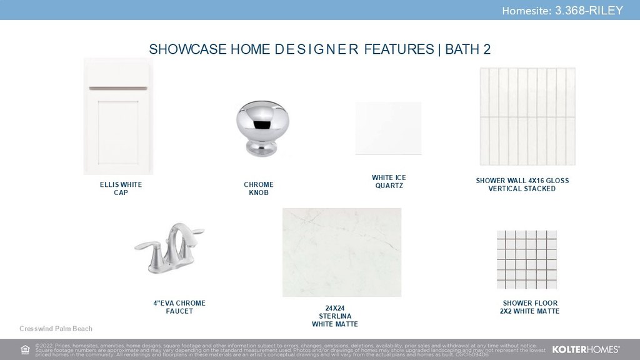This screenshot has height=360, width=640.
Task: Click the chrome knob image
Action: pyautogui.click(x=262, y=128)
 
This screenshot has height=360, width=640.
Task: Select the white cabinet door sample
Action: pyautogui.click(x=118, y=116)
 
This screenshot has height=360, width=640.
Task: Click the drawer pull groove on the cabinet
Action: pyautogui.click(x=118, y=88)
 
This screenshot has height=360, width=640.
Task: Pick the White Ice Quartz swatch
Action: pyautogui.click(x=388, y=128)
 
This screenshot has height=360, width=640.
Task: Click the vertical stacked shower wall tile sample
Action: pyautogui.click(x=527, y=117)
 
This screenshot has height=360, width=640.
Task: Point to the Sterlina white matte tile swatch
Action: pyautogui.click(x=342, y=252)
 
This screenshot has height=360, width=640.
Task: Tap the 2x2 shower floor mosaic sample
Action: pyautogui.click(x=527, y=259)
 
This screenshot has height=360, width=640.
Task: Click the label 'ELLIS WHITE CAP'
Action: pyautogui.click(x=121, y=189)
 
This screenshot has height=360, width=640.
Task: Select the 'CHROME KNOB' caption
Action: pyautogui.click(x=259, y=189)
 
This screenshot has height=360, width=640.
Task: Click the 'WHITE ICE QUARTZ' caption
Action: pyautogui.click(x=389, y=182)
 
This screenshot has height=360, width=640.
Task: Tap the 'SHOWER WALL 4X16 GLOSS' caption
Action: pyautogui.click(x=522, y=181)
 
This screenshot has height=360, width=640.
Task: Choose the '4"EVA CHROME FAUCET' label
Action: pyautogui.click(x=179, y=307)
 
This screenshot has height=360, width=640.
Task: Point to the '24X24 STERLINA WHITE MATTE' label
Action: pyautogui.click(x=335, y=316)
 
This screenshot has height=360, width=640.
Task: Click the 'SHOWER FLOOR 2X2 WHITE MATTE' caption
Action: pyautogui.click(x=530, y=307)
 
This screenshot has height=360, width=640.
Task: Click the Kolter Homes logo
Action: pyautogui.click(x=586, y=349)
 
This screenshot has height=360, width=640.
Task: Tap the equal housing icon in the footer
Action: pyautogui.click(x=25, y=350)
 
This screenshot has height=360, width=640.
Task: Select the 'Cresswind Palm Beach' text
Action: pyautogui.click(x=56, y=329)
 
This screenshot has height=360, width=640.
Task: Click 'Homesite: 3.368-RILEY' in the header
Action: pyautogui.click(x=562, y=11)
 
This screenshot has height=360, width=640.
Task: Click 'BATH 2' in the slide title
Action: pyautogui.click(x=467, y=49)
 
